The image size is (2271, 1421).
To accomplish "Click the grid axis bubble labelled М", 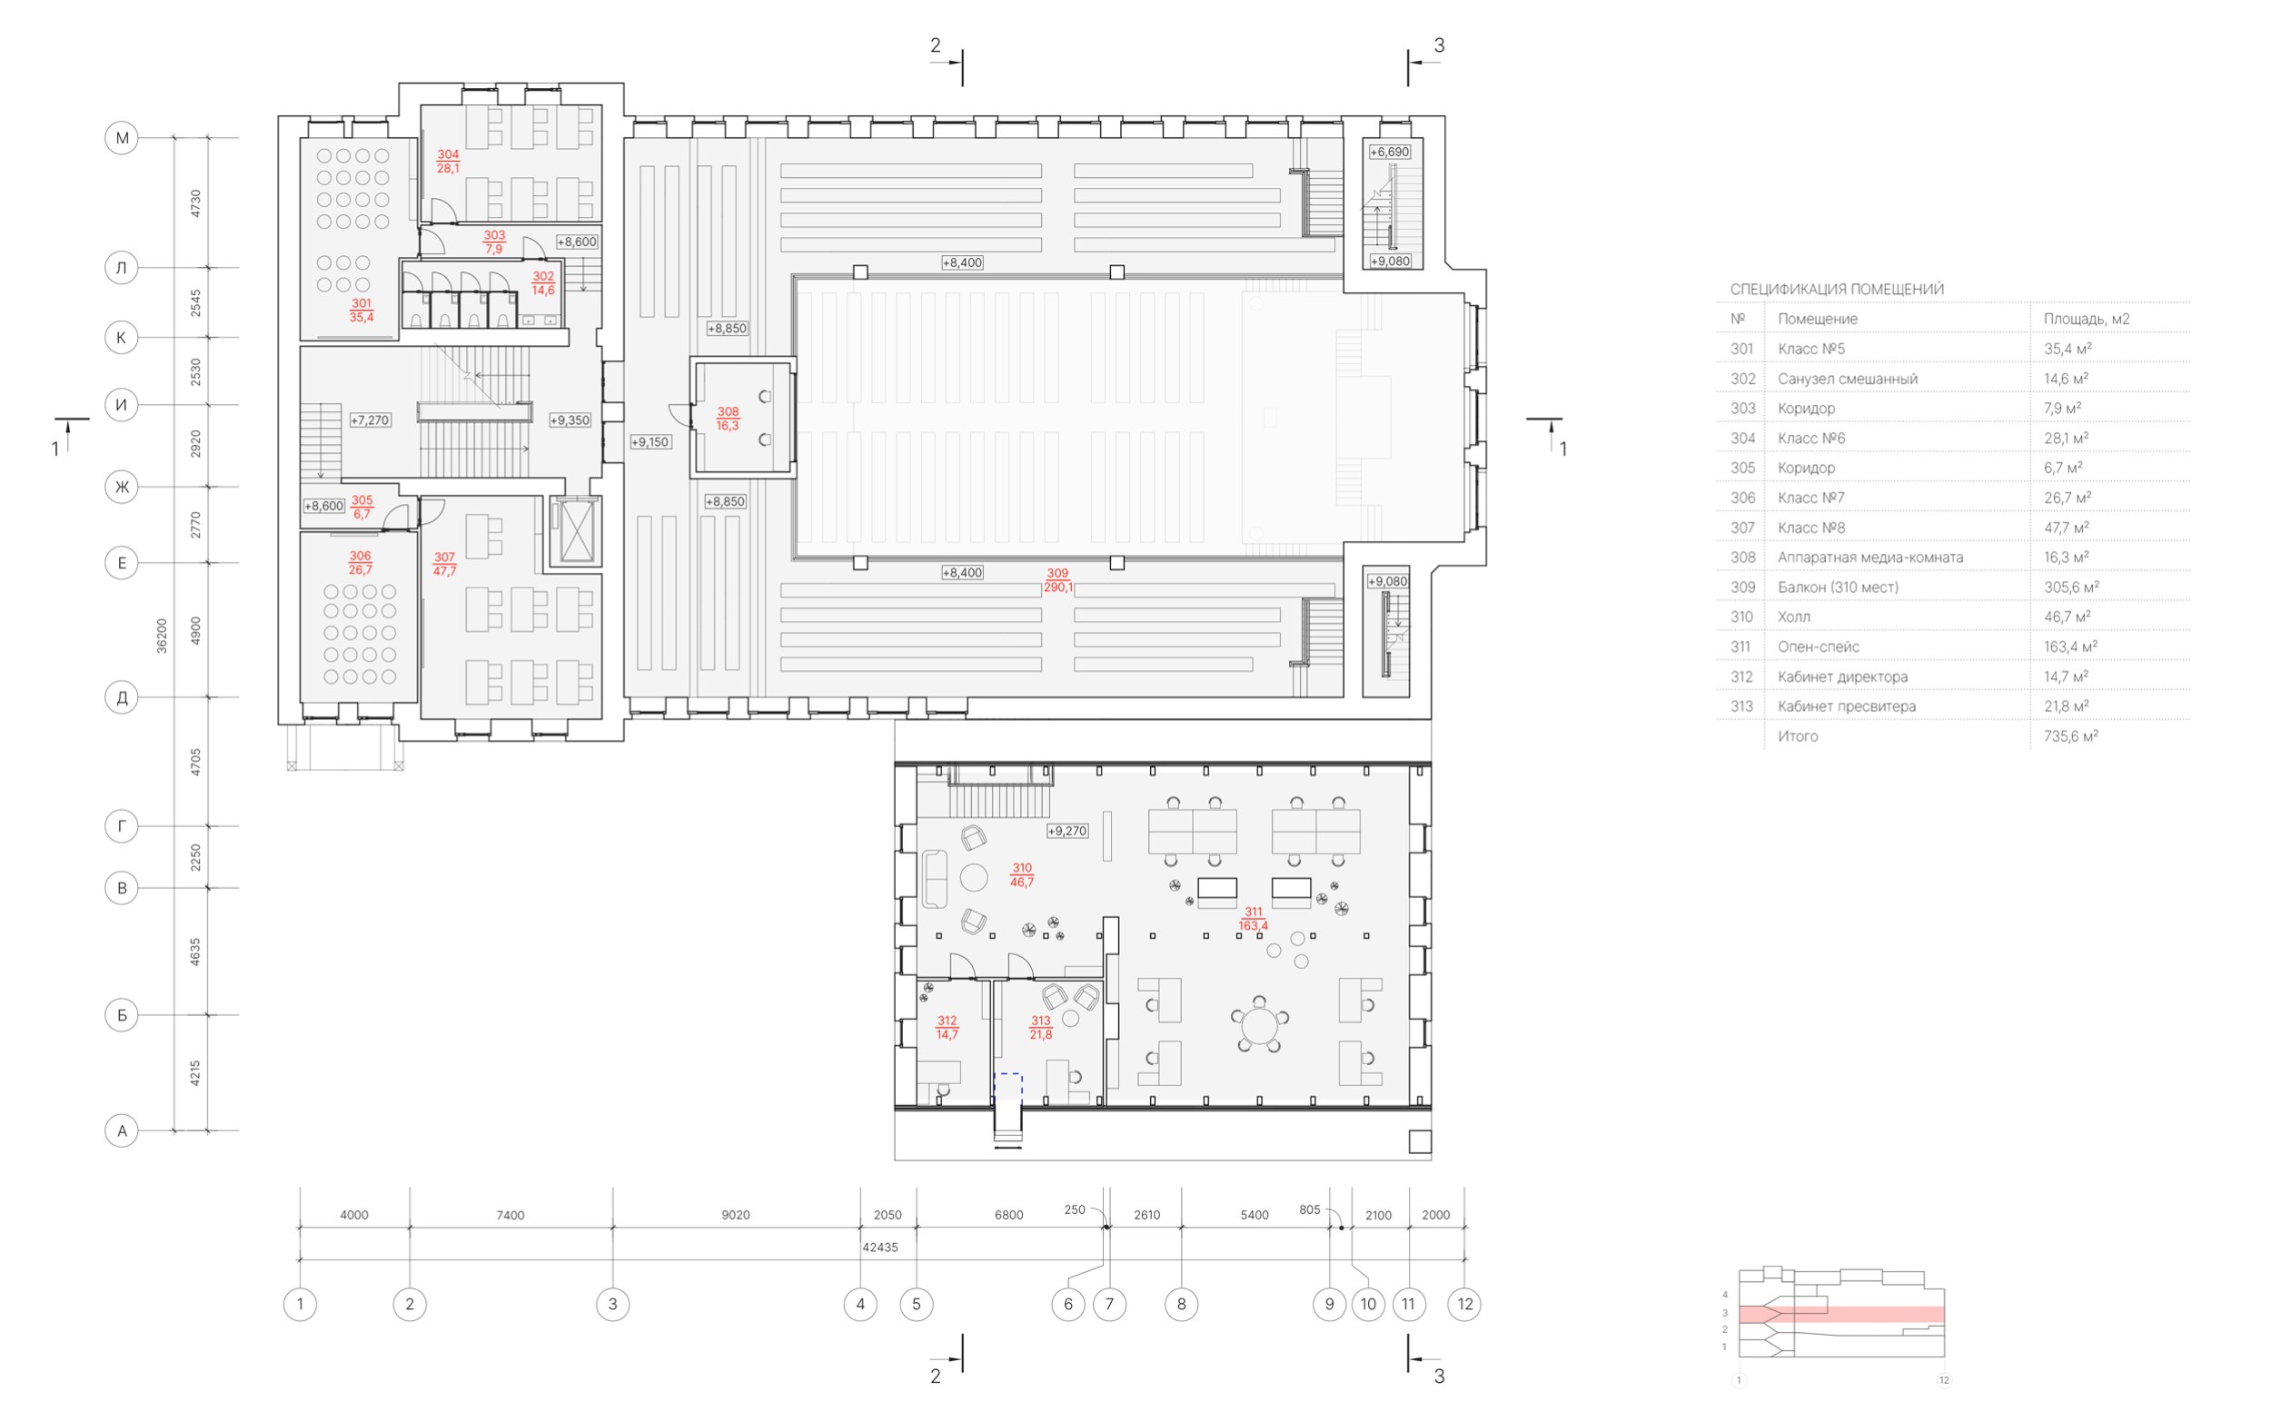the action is pyautogui.click(x=121, y=138).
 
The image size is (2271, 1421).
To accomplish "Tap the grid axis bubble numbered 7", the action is pyautogui.click(x=1109, y=1304).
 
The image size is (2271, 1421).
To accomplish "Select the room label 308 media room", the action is pyautogui.click(x=728, y=419).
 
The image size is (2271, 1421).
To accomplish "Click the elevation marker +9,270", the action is pyautogui.click(x=1066, y=831).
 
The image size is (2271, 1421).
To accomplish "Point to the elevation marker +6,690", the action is pyautogui.click(x=1388, y=152).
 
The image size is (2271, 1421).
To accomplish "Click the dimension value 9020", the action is pyautogui.click(x=735, y=1215).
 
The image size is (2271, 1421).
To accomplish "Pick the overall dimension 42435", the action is pyautogui.click(x=880, y=1248).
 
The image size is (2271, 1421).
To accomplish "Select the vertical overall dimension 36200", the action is pyautogui.click(x=162, y=636).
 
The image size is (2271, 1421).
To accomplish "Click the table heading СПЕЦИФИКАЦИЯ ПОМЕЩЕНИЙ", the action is pyautogui.click(x=1837, y=290).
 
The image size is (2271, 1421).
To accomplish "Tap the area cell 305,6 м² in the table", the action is pyautogui.click(x=2071, y=587).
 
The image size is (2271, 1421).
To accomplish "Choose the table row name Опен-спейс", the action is pyautogui.click(x=1818, y=646).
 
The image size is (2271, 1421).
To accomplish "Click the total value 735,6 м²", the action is pyautogui.click(x=2071, y=735).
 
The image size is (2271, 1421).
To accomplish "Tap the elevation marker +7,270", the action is pyautogui.click(x=370, y=420).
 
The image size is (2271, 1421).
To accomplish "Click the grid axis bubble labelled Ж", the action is pyautogui.click(x=121, y=487).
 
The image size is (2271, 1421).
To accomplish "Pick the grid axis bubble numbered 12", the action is pyautogui.click(x=1464, y=1304).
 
